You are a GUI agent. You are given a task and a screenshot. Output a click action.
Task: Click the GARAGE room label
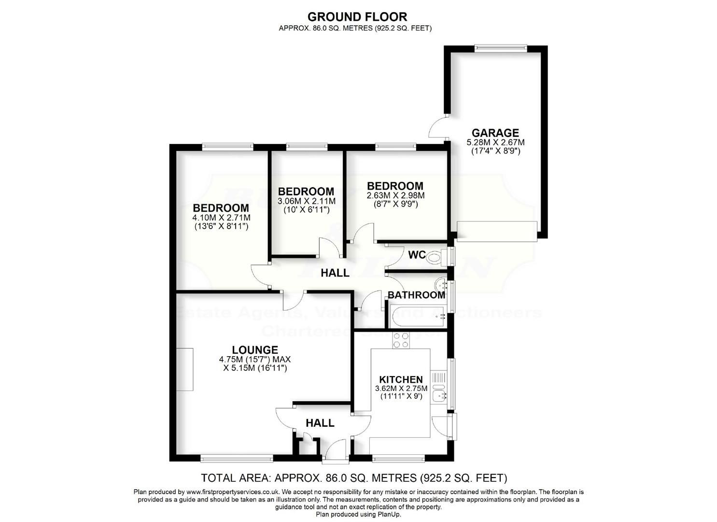point(495,132)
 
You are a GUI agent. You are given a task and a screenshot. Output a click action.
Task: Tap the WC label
point(416,255)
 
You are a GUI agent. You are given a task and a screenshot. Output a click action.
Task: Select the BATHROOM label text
point(416,295)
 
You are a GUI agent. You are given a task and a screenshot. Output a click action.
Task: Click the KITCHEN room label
point(401,380)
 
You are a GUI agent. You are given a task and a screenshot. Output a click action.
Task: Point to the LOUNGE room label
point(254,350)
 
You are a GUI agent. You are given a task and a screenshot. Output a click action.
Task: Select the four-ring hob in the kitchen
point(400,341)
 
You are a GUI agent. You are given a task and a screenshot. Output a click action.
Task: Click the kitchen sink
point(440,396)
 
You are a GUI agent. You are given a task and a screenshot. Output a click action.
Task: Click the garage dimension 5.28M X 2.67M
point(495,143)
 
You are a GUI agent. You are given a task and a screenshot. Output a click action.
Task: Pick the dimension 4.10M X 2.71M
point(221,217)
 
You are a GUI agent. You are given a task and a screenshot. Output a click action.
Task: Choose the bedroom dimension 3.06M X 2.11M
point(306,201)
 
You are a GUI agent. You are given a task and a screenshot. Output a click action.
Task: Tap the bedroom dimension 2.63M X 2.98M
point(395,195)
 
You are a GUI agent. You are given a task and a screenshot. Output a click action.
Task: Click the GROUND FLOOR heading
point(357,17)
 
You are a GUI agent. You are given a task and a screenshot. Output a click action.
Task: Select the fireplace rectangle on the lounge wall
point(184,369)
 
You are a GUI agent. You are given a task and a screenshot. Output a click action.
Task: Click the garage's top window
point(500,47)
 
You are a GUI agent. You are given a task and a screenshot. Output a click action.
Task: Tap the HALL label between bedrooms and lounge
point(335,273)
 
